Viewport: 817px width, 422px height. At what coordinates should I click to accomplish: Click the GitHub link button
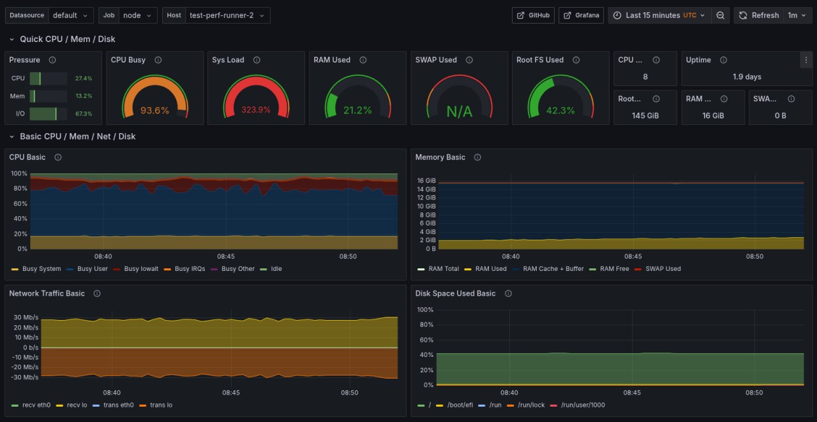(x=533, y=15)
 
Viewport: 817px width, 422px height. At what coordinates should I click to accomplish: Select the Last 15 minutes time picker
(x=658, y=15)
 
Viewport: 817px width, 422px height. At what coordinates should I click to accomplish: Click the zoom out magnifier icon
(x=720, y=15)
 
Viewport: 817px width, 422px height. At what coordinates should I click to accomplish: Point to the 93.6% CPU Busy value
(x=155, y=110)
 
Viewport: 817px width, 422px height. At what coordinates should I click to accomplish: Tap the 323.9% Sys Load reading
(x=256, y=110)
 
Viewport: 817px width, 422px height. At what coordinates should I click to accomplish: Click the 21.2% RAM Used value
(x=357, y=110)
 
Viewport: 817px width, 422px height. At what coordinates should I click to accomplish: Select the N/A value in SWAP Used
(x=459, y=112)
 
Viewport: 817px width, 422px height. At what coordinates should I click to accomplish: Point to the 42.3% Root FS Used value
(x=560, y=110)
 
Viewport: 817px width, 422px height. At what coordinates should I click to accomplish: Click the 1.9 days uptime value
(x=747, y=76)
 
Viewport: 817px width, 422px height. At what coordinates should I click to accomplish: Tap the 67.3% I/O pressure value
(x=84, y=113)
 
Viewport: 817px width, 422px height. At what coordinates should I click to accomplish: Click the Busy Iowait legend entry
(x=140, y=269)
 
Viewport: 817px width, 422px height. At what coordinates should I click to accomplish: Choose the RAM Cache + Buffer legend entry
(x=553, y=269)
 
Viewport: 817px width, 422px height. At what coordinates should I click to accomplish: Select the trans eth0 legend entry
(x=116, y=405)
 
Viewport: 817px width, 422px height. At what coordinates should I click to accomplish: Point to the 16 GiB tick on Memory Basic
(x=426, y=180)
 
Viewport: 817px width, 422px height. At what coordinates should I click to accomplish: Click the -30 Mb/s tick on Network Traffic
(x=26, y=377)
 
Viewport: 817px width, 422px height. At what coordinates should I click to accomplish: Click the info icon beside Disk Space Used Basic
(x=508, y=293)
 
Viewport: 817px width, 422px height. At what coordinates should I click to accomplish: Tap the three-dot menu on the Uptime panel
(x=805, y=60)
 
